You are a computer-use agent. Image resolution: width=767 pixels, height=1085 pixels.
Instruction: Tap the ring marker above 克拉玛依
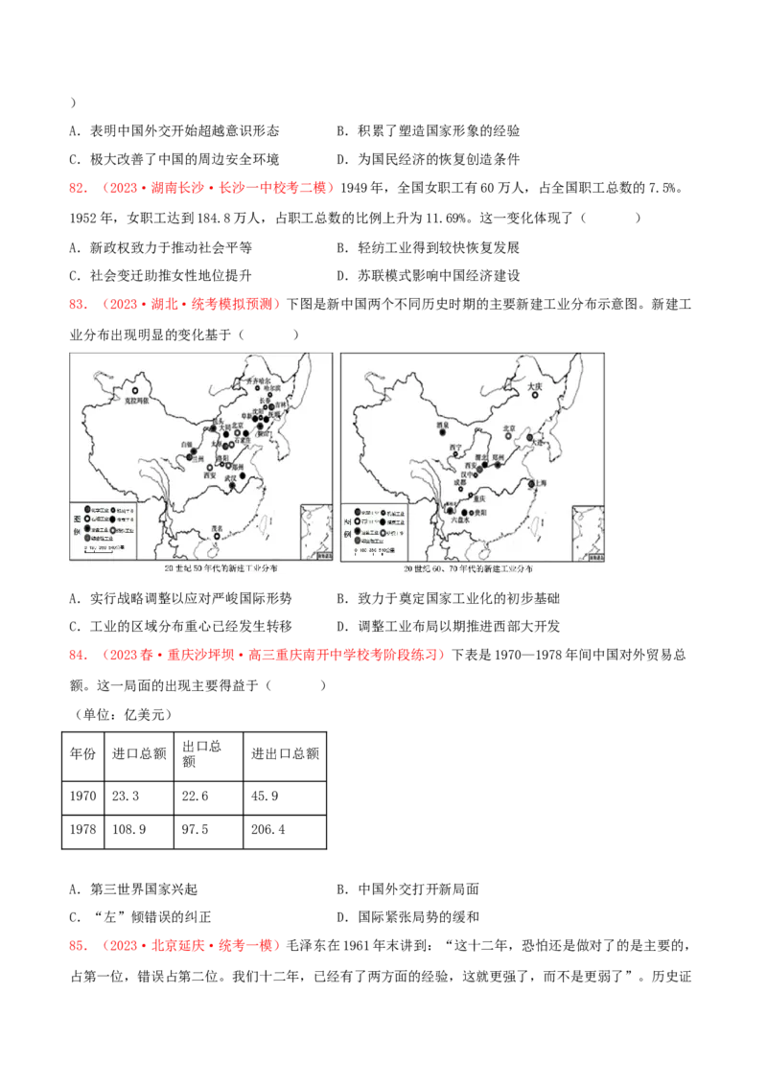click(x=137, y=391)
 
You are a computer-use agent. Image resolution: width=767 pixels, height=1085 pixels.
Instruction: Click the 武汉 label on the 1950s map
click(x=230, y=476)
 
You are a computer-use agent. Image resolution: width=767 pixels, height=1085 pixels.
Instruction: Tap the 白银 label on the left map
click(x=186, y=445)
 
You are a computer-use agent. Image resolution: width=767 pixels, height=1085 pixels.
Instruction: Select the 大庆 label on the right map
click(x=536, y=386)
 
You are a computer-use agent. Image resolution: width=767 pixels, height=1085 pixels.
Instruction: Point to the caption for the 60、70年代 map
click(x=470, y=569)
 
